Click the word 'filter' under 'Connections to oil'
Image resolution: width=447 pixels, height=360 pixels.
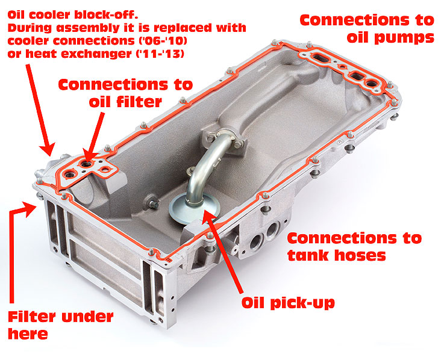click(140, 101)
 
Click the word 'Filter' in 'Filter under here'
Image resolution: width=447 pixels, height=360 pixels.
click(32, 317)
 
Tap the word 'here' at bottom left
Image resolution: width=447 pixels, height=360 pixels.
click(28, 334)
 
